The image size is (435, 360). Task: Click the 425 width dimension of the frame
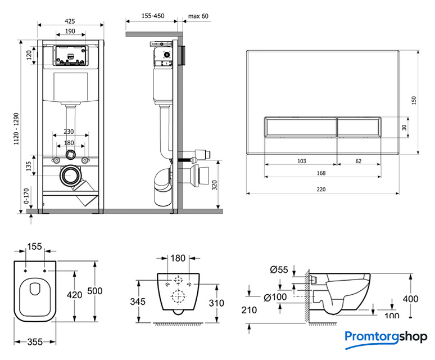70,21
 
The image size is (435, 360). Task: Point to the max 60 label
198,16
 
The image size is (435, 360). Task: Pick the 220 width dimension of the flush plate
320,190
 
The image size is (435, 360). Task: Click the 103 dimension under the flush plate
301,161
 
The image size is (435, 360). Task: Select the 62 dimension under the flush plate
358,161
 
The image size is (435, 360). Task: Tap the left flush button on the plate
300,127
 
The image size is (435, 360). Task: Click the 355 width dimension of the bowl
35,341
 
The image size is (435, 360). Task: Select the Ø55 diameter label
279,270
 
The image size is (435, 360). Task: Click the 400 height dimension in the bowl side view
411,298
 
